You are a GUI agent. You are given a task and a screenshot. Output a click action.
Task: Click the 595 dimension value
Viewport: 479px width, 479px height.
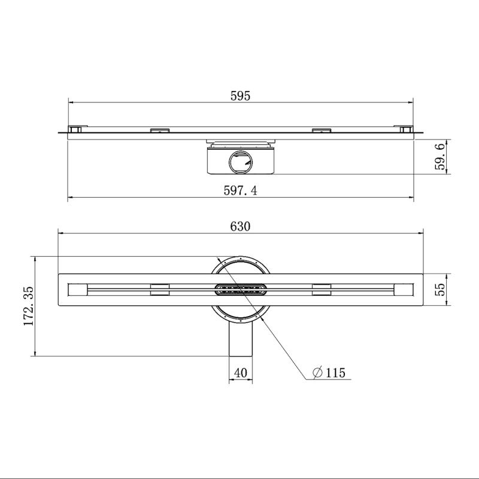tap(240, 96)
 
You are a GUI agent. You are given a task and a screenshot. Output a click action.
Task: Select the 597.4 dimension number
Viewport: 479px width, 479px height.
tap(241, 190)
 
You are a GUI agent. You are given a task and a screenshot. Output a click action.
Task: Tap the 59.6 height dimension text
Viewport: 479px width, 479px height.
tap(439, 157)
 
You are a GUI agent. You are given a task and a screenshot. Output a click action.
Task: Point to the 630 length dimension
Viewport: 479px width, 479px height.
tap(240, 226)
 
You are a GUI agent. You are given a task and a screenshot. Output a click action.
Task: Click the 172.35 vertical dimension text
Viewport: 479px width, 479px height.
tap(29, 306)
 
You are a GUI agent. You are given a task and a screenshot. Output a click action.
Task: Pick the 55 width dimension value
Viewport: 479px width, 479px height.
tap(439, 290)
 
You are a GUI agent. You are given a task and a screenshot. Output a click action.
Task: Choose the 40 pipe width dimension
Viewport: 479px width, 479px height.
tap(241, 372)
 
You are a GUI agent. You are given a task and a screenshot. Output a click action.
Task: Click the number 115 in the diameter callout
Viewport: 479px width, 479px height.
tap(335, 372)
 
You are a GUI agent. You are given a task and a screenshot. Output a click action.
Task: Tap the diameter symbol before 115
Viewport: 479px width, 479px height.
tap(318, 372)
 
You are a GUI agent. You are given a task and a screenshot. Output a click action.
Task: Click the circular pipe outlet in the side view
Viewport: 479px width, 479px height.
tap(241, 162)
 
